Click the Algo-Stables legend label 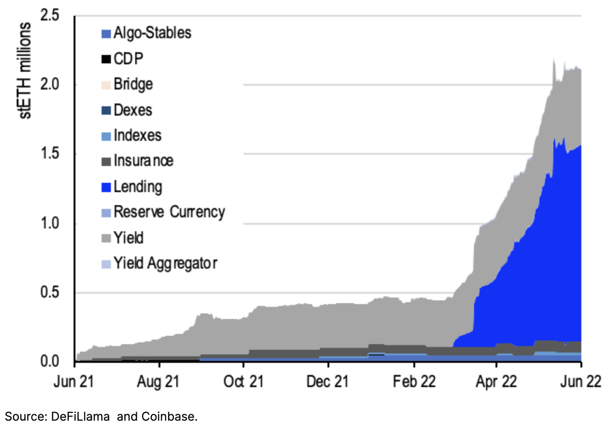pyautogui.click(x=152, y=33)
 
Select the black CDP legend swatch pyautogui.click(x=106, y=59)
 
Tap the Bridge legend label pyautogui.click(x=133, y=84)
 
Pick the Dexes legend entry pyautogui.click(x=133, y=110)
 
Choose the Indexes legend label pyautogui.click(x=137, y=135)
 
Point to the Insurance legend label pyautogui.click(x=143, y=161)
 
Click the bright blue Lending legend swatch pyautogui.click(x=106, y=187)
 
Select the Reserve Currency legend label pyautogui.click(x=169, y=212)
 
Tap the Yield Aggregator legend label pyautogui.click(x=165, y=263)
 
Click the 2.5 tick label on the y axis pyautogui.click(x=49, y=15)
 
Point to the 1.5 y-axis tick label pyautogui.click(x=49, y=153)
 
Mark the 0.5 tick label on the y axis pyautogui.click(x=49, y=292)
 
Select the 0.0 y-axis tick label pyautogui.click(x=49, y=361)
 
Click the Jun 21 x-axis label pyautogui.click(x=74, y=382)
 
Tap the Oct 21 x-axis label pyautogui.click(x=243, y=382)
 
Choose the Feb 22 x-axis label pyautogui.click(x=414, y=382)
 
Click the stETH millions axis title pyautogui.click(x=25, y=71)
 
